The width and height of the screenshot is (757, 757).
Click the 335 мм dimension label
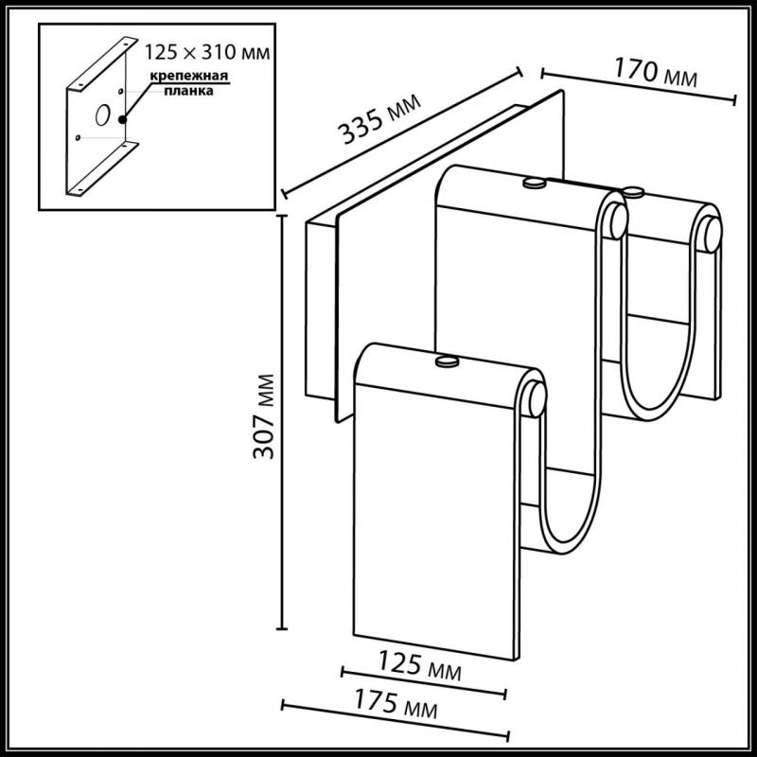click(x=379, y=119)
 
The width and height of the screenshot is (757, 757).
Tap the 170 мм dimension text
click(x=655, y=73)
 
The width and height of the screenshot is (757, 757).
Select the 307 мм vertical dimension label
click(x=264, y=416)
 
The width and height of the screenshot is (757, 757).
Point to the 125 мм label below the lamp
click(x=419, y=665)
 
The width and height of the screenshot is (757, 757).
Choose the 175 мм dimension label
click(x=396, y=703)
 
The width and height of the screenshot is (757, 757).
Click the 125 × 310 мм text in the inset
click(x=207, y=52)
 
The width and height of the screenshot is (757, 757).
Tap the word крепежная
click(x=188, y=77)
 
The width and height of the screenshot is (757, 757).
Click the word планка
click(x=188, y=91)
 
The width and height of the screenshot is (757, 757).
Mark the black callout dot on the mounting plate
click(x=123, y=119)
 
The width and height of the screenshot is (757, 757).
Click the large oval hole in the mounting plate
click(x=103, y=114)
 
